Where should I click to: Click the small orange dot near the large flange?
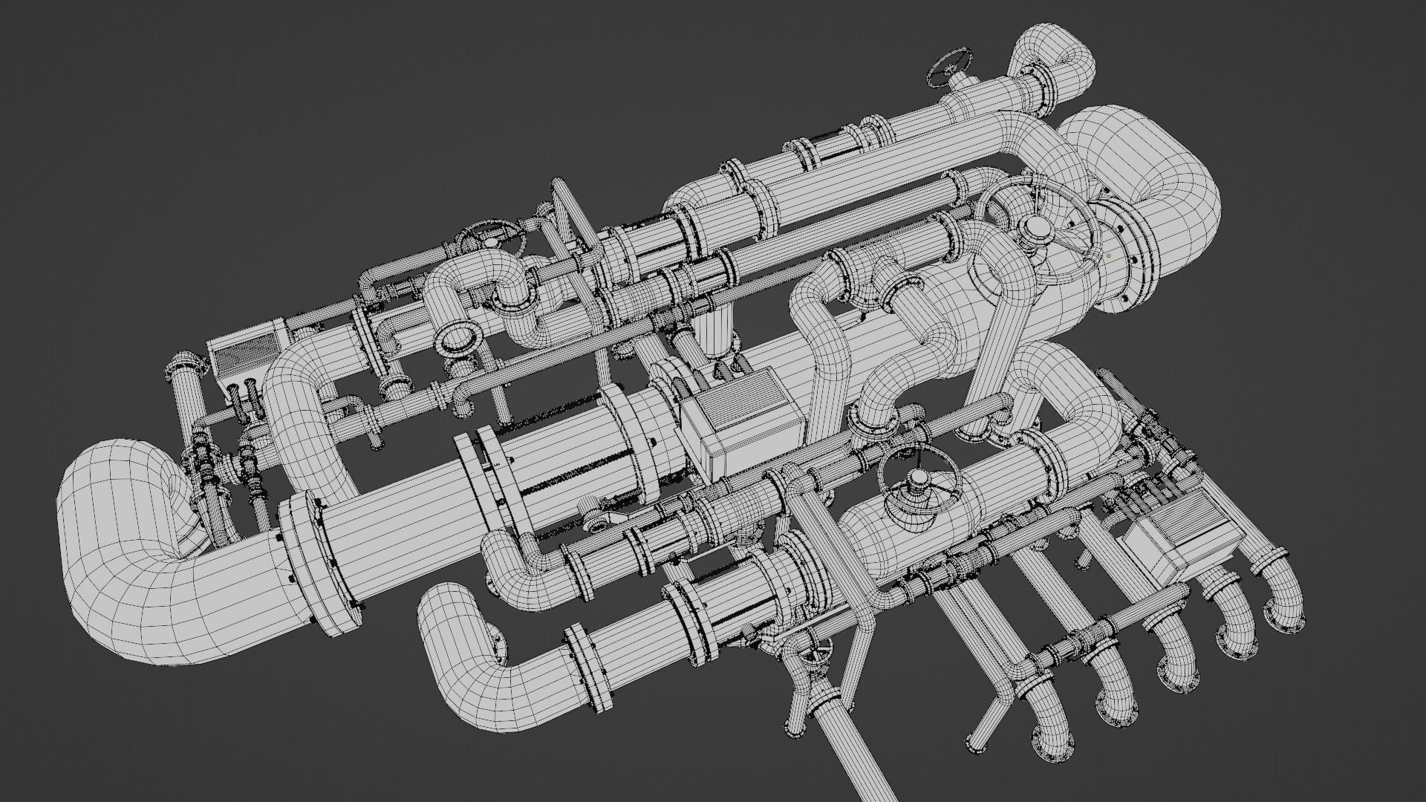(x=1109, y=255)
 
